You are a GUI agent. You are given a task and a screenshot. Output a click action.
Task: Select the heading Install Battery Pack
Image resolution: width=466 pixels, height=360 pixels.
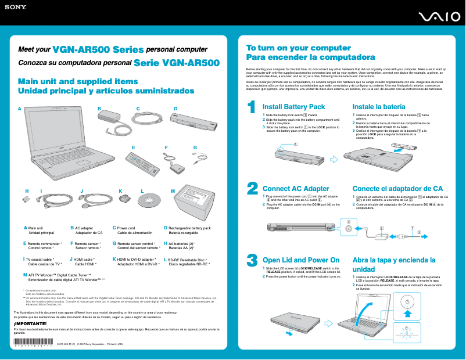point(293,107)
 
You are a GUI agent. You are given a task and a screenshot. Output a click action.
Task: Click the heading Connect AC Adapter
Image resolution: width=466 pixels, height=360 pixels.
point(296,189)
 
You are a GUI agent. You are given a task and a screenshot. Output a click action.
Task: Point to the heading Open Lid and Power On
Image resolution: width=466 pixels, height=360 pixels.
point(301,260)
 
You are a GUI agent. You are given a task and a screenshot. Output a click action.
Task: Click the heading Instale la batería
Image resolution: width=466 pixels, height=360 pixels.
point(379,107)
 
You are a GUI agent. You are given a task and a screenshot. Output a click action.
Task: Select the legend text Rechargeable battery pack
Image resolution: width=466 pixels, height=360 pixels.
point(189,228)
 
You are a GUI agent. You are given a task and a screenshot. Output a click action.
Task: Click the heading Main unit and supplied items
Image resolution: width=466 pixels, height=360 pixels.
point(78,82)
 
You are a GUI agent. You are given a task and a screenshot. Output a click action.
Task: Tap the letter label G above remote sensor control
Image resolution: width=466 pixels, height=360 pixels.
point(195,147)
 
